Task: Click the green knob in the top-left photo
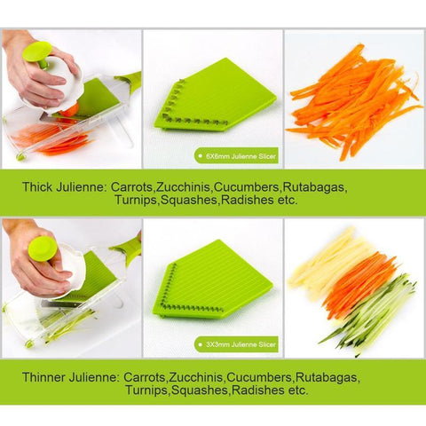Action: [x=37, y=54]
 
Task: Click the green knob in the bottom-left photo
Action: [x=41, y=246]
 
